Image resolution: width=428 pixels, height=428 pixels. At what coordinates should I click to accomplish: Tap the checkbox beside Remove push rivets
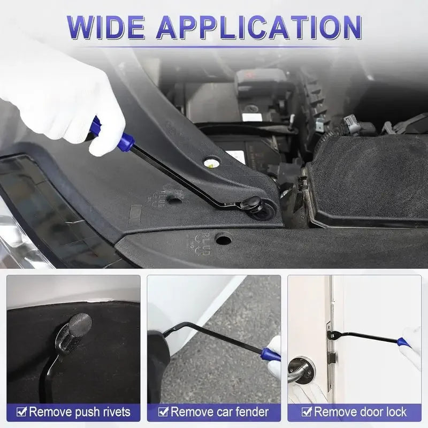pyautogui.click(x=21, y=412)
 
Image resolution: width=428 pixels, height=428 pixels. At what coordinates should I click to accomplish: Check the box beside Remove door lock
pyautogui.click(x=306, y=412)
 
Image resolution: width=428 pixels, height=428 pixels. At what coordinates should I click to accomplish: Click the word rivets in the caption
pyautogui.click(x=114, y=412)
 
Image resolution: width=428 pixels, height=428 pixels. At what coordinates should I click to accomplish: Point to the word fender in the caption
pyautogui.click(x=250, y=412)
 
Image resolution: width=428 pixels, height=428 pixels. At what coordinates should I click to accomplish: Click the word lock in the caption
pyautogui.click(x=395, y=412)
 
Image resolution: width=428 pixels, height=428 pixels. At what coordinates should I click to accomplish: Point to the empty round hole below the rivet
pyautogui.click(x=224, y=239)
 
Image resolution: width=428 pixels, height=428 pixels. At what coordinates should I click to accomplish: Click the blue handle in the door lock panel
pyautogui.click(x=403, y=342)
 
